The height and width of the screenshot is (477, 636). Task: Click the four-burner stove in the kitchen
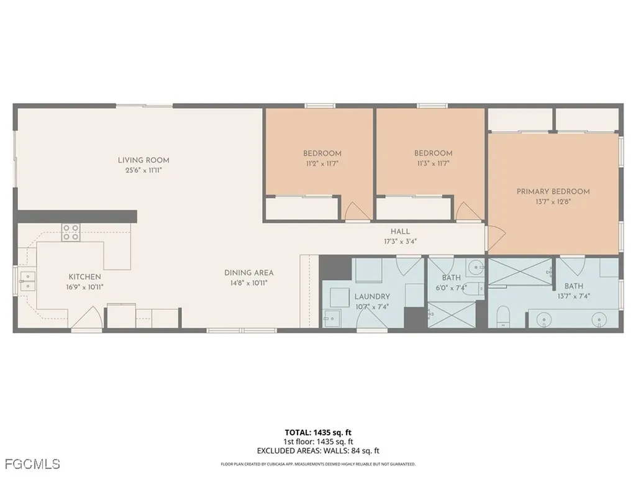pyautogui.click(x=70, y=233)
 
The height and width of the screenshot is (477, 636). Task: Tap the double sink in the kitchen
pyautogui.click(x=26, y=281)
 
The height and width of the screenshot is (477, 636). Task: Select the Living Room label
pyautogui.click(x=143, y=160)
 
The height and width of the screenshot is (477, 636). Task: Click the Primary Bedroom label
pyautogui.click(x=553, y=191)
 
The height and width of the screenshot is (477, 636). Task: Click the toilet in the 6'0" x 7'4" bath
pyautogui.click(x=472, y=289)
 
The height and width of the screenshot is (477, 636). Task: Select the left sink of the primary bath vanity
pyautogui.click(x=545, y=320)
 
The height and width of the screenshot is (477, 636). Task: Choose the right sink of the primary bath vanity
pyautogui.click(x=599, y=320)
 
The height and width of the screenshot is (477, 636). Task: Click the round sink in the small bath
pyautogui.click(x=476, y=268)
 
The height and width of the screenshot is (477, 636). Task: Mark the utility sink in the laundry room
pyautogui.click(x=329, y=318)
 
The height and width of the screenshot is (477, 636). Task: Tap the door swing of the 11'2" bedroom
pyautogui.click(x=355, y=211)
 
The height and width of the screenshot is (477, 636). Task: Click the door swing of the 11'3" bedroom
pyautogui.click(x=466, y=211)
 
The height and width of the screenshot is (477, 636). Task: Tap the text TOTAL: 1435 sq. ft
pyautogui.click(x=317, y=432)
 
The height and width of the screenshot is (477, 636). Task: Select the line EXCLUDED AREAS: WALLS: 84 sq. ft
pyautogui.click(x=317, y=451)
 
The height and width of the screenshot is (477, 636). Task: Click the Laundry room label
pyautogui.click(x=372, y=297)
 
